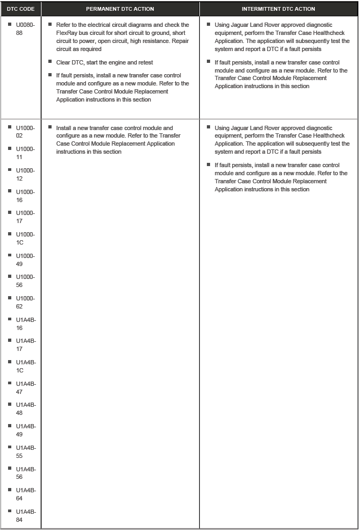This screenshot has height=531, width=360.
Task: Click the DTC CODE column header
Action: (x=20, y=9)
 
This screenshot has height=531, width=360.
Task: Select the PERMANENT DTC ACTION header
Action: (x=120, y=9)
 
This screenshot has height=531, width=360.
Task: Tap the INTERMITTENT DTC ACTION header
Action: (x=278, y=9)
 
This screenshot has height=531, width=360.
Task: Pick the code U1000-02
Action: (x=25, y=132)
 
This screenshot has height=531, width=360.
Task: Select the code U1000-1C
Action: (x=25, y=238)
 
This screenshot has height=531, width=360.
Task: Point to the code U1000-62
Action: (x=25, y=302)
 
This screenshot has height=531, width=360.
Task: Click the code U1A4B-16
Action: (x=26, y=324)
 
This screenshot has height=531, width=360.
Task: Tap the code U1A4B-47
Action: (x=26, y=388)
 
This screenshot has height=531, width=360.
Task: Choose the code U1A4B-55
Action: (x=26, y=451)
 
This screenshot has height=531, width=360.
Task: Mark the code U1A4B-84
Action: (x=26, y=515)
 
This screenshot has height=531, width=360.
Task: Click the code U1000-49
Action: (x=25, y=260)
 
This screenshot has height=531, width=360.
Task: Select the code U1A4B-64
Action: (x=26, y=494)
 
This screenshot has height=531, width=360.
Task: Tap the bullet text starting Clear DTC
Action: (x=105, y=62)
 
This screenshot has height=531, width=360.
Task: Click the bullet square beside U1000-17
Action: (x=10, y=213)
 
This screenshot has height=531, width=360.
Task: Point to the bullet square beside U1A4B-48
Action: (x=10, y=405)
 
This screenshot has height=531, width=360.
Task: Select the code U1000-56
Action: (x=25, y=281)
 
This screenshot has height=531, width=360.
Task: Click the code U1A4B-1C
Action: (x=26, y=366)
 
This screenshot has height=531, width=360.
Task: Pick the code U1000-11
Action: (x=25, y=153)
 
